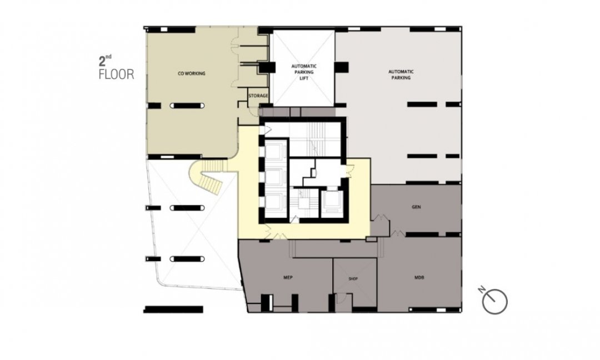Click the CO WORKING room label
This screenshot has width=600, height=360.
pyautogui.click(x=191, y=73)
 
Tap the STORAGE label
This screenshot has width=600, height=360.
pyautogui.click(x=258, y=96)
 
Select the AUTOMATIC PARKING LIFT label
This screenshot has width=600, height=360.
pyautogui.click(x=304, y=72)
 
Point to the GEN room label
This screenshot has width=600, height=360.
pyautogui.click(x=416, y=207)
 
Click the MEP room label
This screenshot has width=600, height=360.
pyautogui.click(x=288, y=277)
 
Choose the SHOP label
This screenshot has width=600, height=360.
pyautogui.click(x=353, y=278)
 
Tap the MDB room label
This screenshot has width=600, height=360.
pyautogui.click(x=419, y=277)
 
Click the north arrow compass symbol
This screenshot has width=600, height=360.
pyautogui.click(x=495, y=302)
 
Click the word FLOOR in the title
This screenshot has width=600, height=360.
pyautogui.click(x=117, y=74)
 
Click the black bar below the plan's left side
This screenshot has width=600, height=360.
pyautogui.click(x=173, y=309)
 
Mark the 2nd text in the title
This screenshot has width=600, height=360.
pyautogui.click(x=105, y=61)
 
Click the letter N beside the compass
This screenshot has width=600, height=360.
pyautogui.click(x=482, y=289)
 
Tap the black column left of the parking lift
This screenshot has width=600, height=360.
pyautogui.click(x=266, y=67)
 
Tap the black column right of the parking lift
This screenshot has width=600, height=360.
pyautogui.click(x=341, y=67)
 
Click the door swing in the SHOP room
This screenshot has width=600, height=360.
pyautogui.click(x=342, y=298)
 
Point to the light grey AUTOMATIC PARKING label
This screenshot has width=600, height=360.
pyautogui.click(x=401, y=74)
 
